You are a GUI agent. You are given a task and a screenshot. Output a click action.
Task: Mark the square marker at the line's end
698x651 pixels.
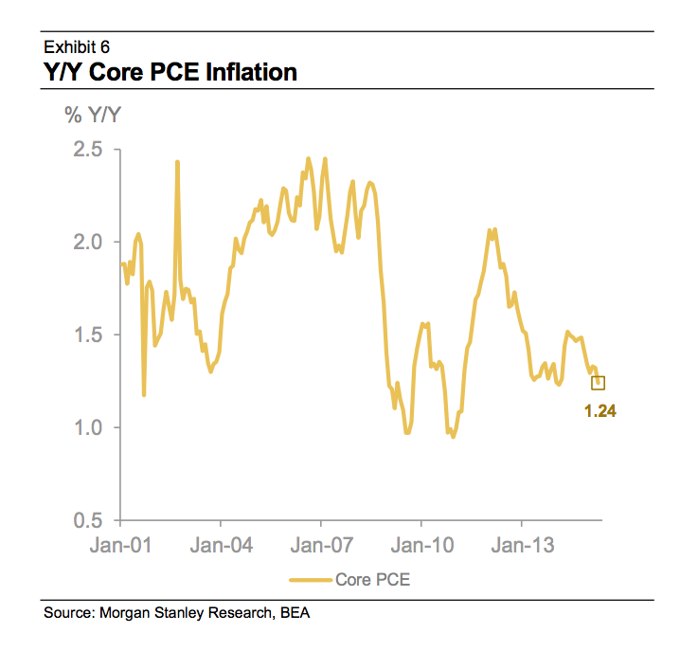point(598,383)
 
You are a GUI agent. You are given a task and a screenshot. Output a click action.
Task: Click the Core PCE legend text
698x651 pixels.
point(372,579)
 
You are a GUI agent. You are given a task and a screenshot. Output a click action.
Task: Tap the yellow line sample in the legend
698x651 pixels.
point(311,579)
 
